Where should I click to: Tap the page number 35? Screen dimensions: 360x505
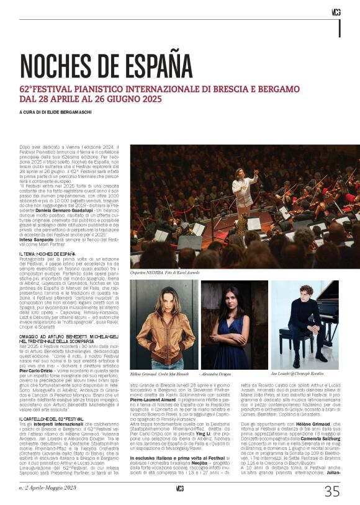(332, 491)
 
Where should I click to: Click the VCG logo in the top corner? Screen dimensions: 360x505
(336, 12)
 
